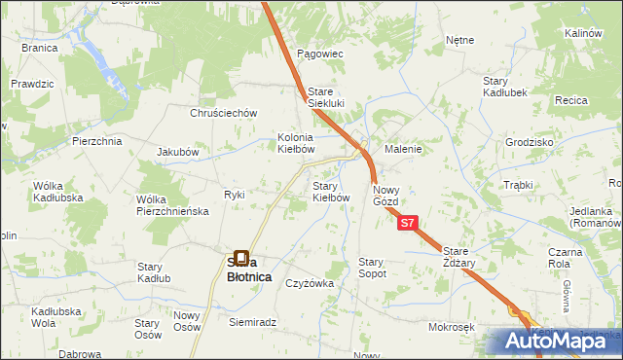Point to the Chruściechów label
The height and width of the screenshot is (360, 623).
point(223,112)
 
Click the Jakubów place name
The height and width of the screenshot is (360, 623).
point(177,152)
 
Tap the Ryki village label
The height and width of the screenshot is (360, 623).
point(234,194)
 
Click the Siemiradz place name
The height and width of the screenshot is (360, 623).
point(253,321)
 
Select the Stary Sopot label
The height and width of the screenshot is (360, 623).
point(373,268)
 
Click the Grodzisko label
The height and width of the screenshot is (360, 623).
point(529,141)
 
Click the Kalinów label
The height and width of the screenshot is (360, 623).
point(583,33)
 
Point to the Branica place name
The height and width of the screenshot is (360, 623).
point(39,47)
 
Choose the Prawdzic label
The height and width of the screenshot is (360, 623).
point(32,84)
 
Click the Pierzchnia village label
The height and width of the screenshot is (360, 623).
point(96,141)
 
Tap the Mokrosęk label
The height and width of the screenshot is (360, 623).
point(450,327)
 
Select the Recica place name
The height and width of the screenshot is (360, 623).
point(572,100)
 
